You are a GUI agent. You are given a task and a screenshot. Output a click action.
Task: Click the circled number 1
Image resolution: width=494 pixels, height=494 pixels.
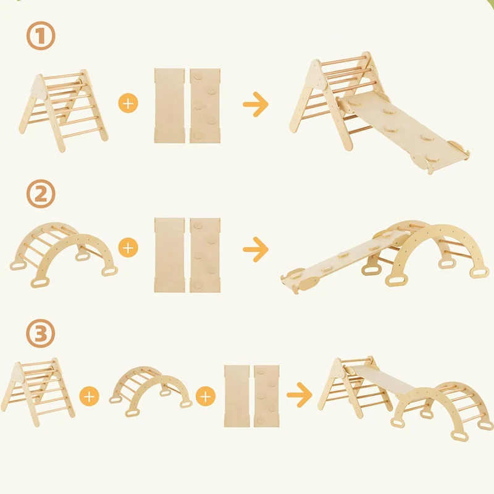point(41,36)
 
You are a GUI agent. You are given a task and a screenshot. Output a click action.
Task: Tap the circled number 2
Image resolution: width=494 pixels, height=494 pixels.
point(41,193)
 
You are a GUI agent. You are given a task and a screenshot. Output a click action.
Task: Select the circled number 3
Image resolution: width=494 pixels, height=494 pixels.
point(41,333)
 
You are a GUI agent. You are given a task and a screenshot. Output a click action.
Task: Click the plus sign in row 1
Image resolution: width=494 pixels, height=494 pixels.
point(128,103)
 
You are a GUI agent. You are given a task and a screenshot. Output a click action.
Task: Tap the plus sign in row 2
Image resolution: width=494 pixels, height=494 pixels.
point(128,248)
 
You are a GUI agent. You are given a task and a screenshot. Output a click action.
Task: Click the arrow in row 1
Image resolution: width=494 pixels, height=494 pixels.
point(256,104)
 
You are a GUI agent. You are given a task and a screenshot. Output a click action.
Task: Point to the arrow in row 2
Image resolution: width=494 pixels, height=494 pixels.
point(256,249)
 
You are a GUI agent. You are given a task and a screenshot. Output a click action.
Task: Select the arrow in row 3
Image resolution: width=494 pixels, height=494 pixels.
point(299,395)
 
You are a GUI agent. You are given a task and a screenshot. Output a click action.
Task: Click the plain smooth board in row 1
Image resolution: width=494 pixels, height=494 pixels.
point(169,106)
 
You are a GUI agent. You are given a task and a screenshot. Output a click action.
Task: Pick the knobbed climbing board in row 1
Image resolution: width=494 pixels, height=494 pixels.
point(205,106)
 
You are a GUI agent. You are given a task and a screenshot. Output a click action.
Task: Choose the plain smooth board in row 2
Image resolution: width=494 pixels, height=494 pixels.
point(169,255)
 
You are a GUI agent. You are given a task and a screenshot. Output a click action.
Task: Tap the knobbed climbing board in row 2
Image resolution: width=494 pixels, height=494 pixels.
point(205,255)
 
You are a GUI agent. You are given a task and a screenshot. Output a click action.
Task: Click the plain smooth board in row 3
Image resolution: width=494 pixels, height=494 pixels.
point(237,396)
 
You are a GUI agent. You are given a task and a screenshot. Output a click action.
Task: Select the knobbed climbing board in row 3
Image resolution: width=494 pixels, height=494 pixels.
point(267,396)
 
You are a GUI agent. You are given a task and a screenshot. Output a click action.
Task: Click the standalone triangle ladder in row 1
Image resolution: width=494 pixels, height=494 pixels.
point(63,111)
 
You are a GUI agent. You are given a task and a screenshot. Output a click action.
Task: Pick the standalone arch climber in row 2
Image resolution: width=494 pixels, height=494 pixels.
point(64,254)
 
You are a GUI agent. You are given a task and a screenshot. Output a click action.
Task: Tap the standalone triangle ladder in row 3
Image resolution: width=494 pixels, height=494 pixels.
point(38,392)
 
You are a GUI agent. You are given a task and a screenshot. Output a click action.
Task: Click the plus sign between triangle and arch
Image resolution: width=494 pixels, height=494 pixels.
point(90,396)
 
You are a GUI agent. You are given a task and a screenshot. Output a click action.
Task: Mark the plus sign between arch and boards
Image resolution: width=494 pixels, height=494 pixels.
point(206,396)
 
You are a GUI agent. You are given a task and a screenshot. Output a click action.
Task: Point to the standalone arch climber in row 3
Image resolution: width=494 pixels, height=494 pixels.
point(151,391)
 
